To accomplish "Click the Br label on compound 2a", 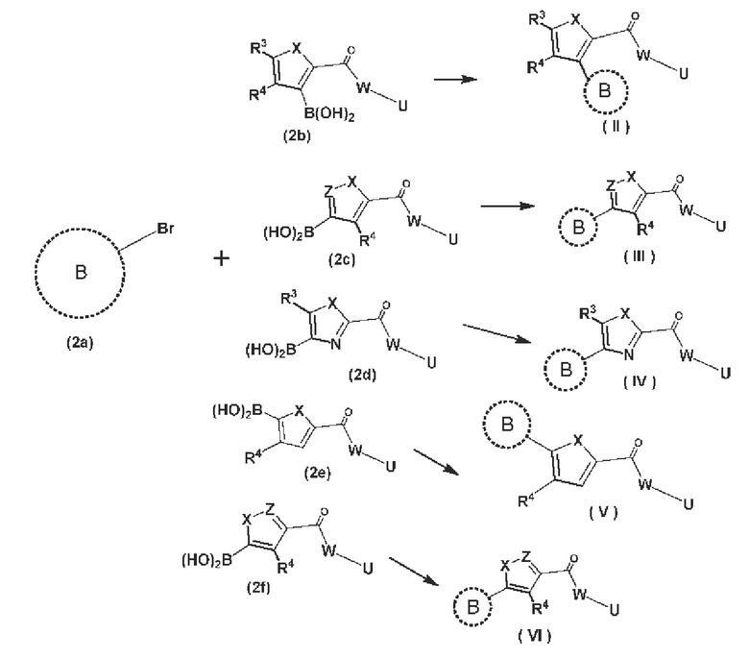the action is point(165,229).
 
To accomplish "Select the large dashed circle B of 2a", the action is point(35,273).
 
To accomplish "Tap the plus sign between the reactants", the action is point(221,258).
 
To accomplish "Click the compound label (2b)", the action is point(297,136).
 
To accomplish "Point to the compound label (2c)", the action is point(342,259).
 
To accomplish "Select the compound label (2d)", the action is point(363,375).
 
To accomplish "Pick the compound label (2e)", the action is point(318,473).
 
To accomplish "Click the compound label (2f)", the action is point(258,587).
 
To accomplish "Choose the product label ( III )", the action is point(640,256).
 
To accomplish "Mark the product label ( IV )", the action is point(640,380).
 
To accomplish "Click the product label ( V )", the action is point(603,512).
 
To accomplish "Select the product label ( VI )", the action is point(535,636).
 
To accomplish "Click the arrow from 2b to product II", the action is point(455,79).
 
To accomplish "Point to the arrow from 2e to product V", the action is point(436,462).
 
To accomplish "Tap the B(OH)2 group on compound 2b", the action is point(329,115).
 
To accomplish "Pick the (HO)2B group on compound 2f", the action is point(206,560).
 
